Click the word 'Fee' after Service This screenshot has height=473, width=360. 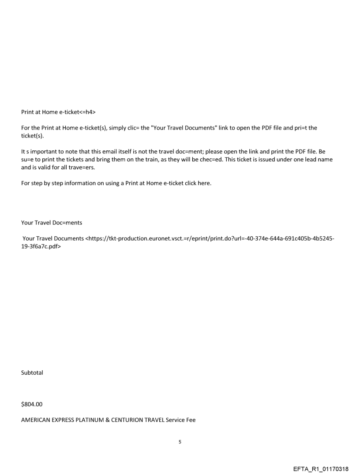(190, 420)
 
